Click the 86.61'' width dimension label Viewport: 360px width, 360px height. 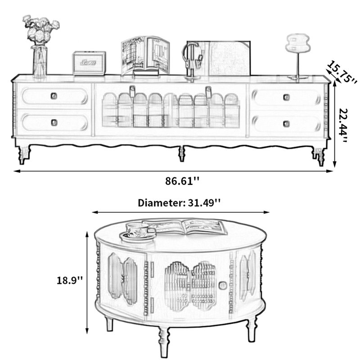point(182,181)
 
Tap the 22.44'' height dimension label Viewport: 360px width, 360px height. point(344,125)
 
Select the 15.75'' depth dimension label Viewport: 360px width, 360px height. point(342,72)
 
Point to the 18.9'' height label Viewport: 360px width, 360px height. point(69,280)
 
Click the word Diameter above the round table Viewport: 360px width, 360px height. point(161,203)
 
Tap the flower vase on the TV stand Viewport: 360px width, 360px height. point(40,61)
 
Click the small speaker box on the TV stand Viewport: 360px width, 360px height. point(89,63)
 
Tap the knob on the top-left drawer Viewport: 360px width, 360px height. point(54,96)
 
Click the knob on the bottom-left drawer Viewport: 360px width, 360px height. point(54,122)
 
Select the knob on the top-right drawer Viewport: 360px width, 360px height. point(286,97)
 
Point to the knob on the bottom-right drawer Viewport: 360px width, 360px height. point(286,124)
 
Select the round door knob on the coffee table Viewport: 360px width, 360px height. point(222,286)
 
